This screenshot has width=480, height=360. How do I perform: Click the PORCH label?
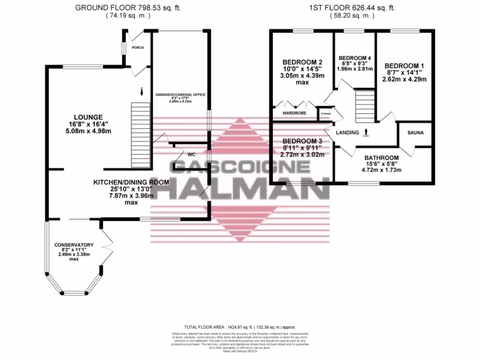138,48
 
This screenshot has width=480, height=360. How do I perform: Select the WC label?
191,154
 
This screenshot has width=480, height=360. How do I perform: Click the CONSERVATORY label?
74,245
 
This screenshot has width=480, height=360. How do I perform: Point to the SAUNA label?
415,133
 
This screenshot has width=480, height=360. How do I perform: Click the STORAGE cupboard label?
325,113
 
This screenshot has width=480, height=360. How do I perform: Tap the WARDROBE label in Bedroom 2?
294,113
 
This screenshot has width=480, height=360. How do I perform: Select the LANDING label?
347,133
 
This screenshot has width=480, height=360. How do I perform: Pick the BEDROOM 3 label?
302,141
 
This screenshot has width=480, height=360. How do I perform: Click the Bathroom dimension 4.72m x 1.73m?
382,170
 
